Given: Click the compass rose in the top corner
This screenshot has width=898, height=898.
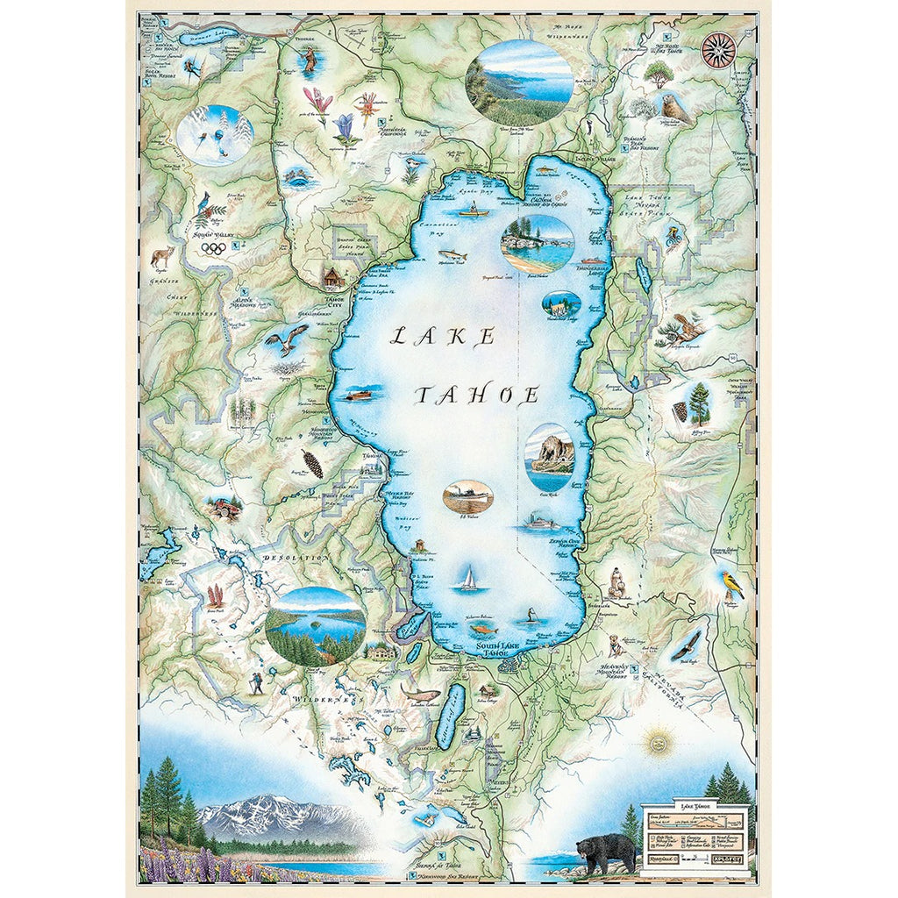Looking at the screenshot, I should click(718, 49).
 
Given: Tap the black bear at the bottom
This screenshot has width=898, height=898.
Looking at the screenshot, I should click(606, 852).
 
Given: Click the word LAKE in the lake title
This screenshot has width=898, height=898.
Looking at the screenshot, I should click(443, 336).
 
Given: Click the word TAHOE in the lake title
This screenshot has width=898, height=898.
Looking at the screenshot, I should click(476, 396).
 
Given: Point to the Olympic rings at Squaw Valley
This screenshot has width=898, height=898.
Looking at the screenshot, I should click(213, 248).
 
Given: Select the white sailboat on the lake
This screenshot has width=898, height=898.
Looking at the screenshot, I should click(468, 579).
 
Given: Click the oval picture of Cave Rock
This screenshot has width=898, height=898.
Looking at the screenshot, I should click(550, 457).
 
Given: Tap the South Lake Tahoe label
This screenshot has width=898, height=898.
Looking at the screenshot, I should click(501, 649).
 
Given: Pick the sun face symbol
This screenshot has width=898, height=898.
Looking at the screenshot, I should click(652, 744).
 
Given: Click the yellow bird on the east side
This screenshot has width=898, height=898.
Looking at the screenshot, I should click(731, 585).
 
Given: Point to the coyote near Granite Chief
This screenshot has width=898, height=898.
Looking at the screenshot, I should click(161, 257).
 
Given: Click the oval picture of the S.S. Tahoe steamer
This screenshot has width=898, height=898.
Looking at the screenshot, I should click(467, 497).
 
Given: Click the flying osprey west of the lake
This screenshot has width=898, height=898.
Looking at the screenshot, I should click(289, 338).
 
